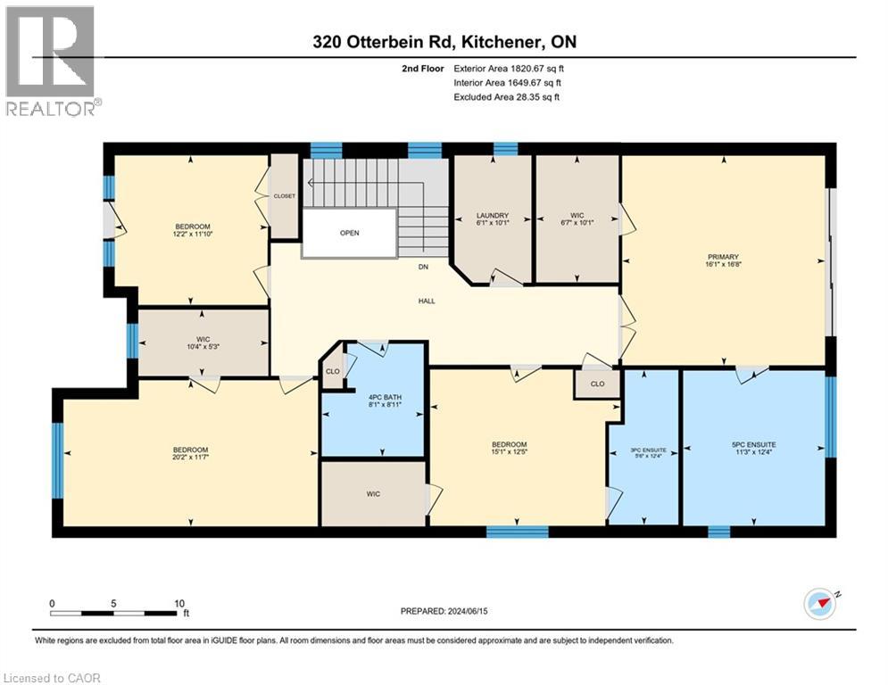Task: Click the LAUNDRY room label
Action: pyautogui.click(x=492, y=215)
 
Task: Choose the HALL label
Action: pyautogui.click(x=427, y=301)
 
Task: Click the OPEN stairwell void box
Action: pyautogui.click(x=349, y=234)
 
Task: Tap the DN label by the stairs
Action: pyautogui.click(x=424, y=267)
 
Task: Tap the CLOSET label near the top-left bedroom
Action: pyautogui.click(x=284, y=195)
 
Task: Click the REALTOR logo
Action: pyautogui.click(x=51, y=61)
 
